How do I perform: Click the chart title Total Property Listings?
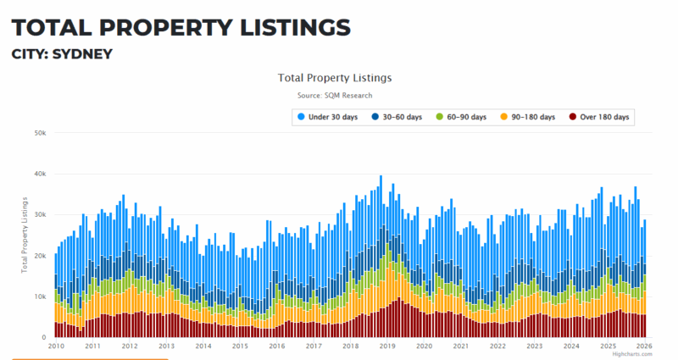[335, 77]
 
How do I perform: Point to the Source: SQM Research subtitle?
[335, 95]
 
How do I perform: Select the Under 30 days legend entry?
[329, 117]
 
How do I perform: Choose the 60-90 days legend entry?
[461, 117]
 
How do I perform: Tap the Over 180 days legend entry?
[599, 117]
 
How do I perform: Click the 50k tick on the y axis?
[40, 133]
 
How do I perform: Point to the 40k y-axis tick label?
[40, 174]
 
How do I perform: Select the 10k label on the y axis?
[40, 296]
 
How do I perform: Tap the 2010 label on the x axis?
[56, 346]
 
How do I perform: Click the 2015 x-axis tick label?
[240, 346]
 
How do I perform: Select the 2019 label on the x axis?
[387, 346]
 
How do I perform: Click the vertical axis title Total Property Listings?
[25, 235]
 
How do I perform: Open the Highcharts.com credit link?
[635, 354]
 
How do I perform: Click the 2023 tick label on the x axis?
[535, 346]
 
